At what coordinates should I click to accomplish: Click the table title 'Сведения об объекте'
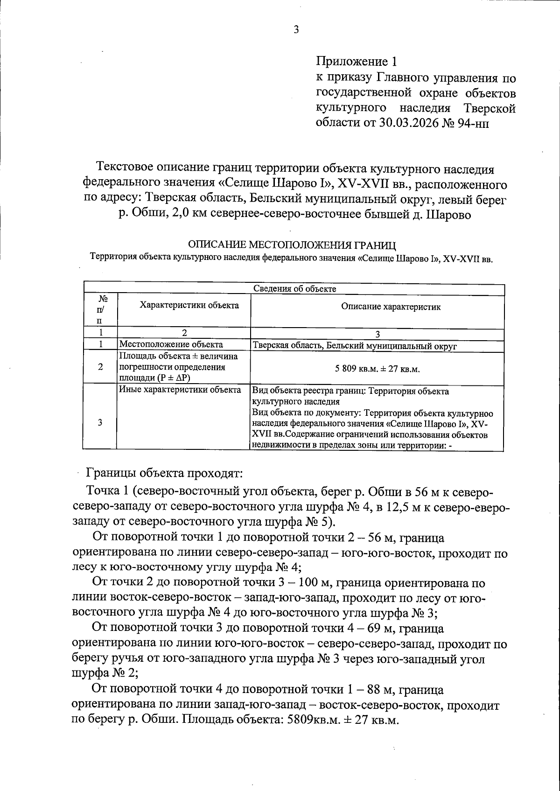click(294, 288)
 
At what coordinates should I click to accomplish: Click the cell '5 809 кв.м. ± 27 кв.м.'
click(377, 369)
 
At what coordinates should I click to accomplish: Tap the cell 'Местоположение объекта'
click(171, 345)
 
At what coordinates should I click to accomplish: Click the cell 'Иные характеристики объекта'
click(180, 390)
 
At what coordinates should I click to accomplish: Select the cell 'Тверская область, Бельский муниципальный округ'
click(354, 346)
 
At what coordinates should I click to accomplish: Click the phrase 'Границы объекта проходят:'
click(164, 473)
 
